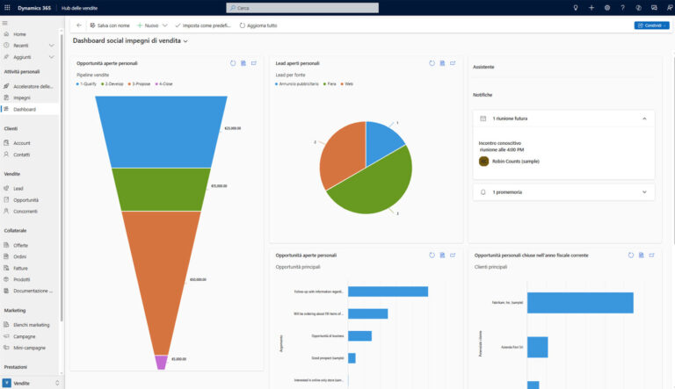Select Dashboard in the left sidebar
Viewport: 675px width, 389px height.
tap(24, 109)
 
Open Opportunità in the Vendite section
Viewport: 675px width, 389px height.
tap(25, 200)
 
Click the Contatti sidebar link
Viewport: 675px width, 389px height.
tap(22, 155)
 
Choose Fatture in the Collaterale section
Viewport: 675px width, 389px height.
tap(21, 268)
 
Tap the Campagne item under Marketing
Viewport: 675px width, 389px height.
tap(25, 336)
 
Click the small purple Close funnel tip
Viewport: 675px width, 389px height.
tap(161, 362)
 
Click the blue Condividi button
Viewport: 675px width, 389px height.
tap(651, 25)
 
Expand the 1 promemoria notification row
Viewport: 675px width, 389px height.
tap(562, 191)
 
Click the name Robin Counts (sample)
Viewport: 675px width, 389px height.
tap(515, 162)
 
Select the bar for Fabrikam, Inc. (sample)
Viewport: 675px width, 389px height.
tap(580, 303)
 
